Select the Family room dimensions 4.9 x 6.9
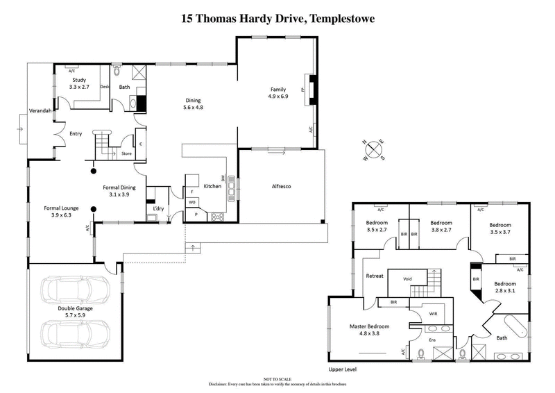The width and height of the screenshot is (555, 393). pyautogui.click(x=278, y=98)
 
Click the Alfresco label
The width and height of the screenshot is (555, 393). pyautogui.click(x=280, y=187)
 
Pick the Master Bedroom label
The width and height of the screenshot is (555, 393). pyautogui.click(x=368, y=326)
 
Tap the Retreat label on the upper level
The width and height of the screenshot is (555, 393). pyautogui.click(x=375, y=276)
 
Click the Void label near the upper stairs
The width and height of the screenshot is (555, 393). pyautogui.click(x=410, y=279)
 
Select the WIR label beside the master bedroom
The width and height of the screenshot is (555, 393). pyautogui.click(x=433, y=314)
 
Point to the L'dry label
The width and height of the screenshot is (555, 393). pyautogui.click(x=158, y=208)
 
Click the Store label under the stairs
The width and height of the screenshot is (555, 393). pyautogui.click(x=126, y=153)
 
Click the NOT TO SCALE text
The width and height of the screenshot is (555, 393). pyautogui.click(x=277, y=379)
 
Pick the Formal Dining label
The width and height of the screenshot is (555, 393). pyautogui.click(x=119, y=187)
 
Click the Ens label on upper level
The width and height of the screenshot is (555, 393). pyautogui.click(x=432, y=340)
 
